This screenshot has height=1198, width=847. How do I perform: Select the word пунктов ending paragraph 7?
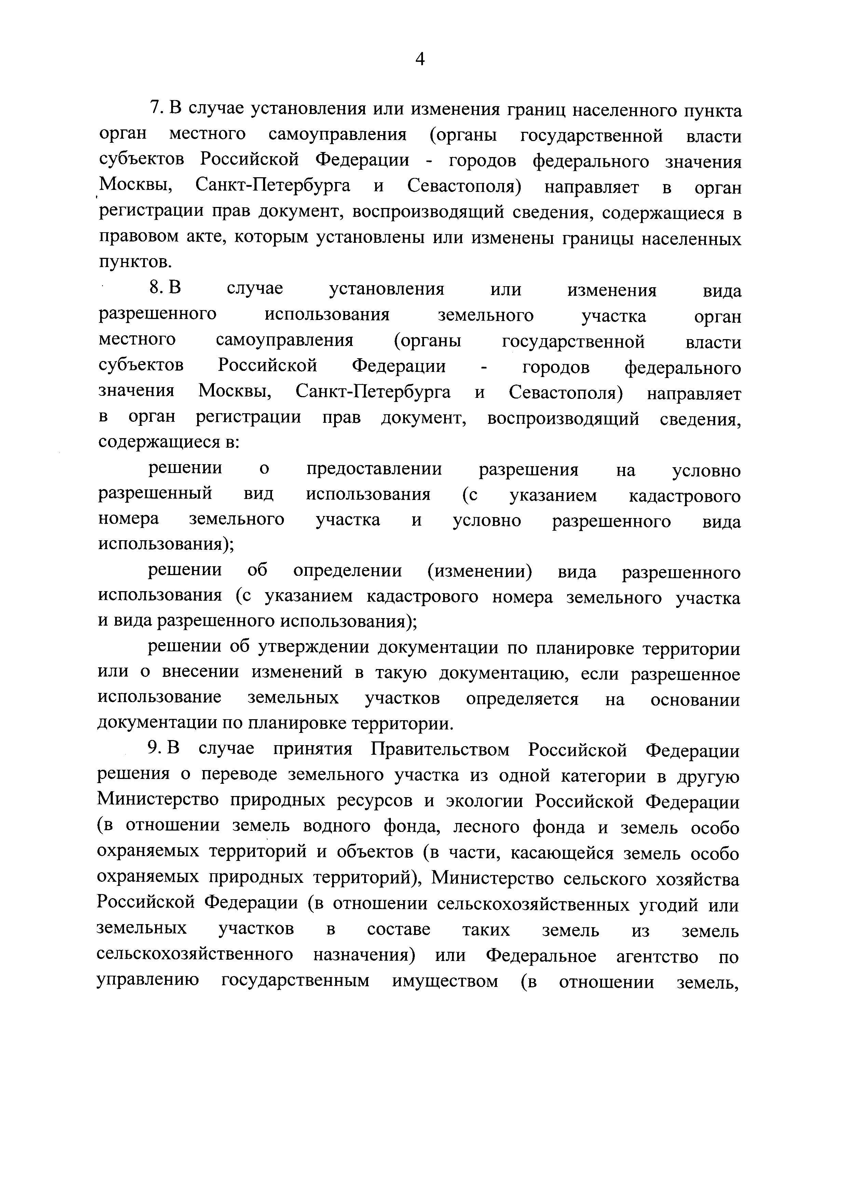pyautogui.click(x=134, y=261)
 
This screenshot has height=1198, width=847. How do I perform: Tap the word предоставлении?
pyautogui.click(x=374, y=469)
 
